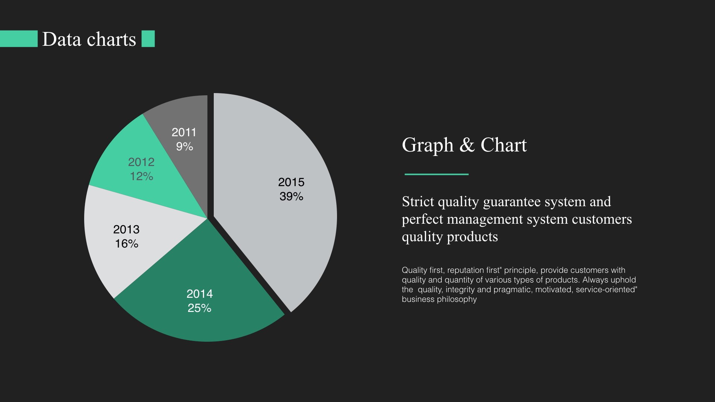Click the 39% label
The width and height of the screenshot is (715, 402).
(291, 197)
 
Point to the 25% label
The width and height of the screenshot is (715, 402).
(199, 308)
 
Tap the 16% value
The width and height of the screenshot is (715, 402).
(127, 244)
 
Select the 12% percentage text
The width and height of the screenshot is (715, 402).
(141, 176)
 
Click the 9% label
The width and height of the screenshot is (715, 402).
(184, 147)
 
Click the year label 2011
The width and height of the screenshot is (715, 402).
(184, 133)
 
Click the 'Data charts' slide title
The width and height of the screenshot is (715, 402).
(89, 39)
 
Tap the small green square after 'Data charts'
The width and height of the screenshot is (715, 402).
(148, 39)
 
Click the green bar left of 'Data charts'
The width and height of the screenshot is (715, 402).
(19, 39)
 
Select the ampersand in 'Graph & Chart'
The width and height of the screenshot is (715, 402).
(467, 145)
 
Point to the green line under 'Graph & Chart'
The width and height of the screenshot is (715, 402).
(436, 174)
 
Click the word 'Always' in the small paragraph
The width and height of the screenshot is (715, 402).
(595, 280)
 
